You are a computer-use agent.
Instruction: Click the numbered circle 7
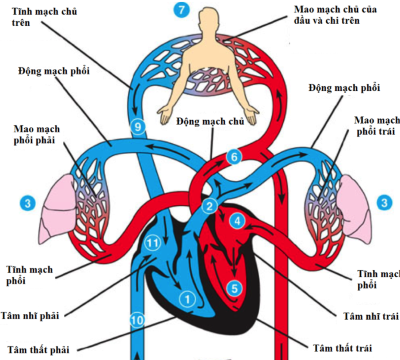click(181, 10)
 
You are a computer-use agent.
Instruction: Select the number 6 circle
click(233, 156)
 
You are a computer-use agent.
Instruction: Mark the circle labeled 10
click(137, 320)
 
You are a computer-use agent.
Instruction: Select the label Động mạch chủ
click(211, 122)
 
